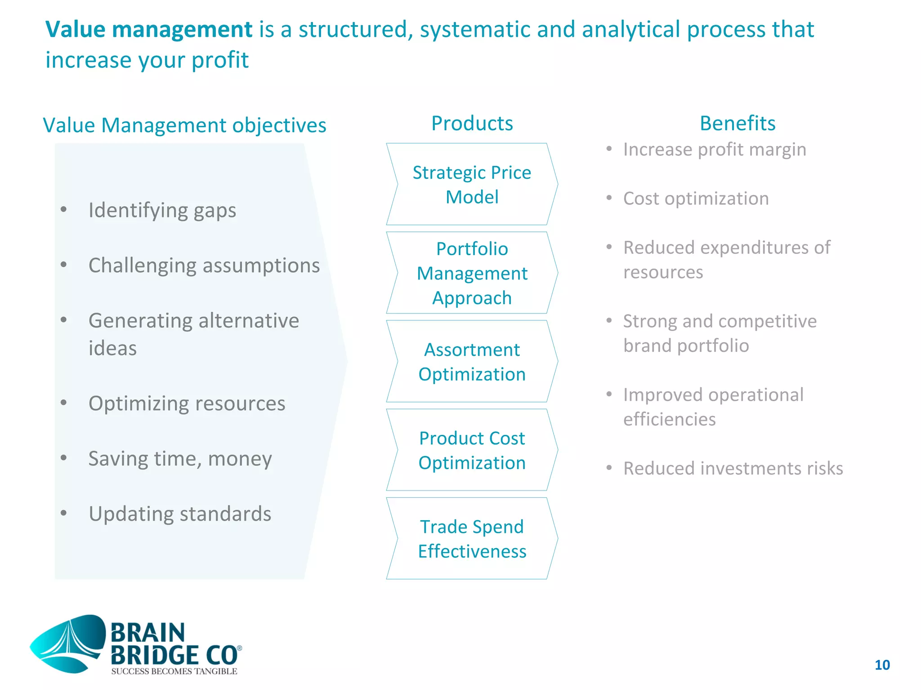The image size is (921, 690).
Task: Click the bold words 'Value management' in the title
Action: [x=149, y=30]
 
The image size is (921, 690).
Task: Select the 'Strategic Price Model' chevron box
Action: [x=472, y=184]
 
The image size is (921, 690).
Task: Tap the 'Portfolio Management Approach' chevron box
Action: [x=472, y=273]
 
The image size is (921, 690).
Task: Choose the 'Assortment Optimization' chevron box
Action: [x=472, y=362]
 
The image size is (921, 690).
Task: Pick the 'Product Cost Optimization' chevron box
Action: [x=472, y=450]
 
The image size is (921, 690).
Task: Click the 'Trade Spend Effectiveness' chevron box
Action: [x=472, y=539]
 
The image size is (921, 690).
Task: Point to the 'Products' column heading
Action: [x=472, y=124]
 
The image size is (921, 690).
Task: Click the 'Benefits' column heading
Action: [x=738, y=124]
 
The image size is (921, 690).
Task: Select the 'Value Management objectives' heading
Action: [x=184, y=125]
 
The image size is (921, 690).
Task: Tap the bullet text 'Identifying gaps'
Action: [x=162, y=210]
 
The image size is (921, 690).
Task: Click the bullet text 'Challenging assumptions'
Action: [x=204, y=265]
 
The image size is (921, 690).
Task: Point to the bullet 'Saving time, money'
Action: [x=180, y=459]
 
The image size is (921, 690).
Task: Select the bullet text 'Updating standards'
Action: [x=180, y=514]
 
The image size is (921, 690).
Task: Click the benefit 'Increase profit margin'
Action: [x=715, y=150]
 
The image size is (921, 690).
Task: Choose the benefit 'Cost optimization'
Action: [x=696, y=199]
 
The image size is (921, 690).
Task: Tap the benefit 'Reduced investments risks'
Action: [x=733, y=469]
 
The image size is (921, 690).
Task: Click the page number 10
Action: [x=882, y=665]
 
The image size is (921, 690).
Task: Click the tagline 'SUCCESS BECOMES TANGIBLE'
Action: [x=174, y=672]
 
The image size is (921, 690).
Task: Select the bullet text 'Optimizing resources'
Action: [x=187, y=403]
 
